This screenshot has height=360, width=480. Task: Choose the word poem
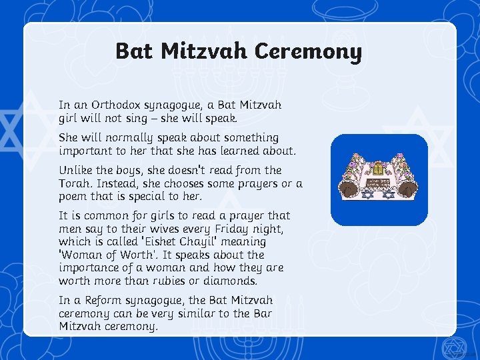coord(73,196)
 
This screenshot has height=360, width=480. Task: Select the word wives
coord(175,229)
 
